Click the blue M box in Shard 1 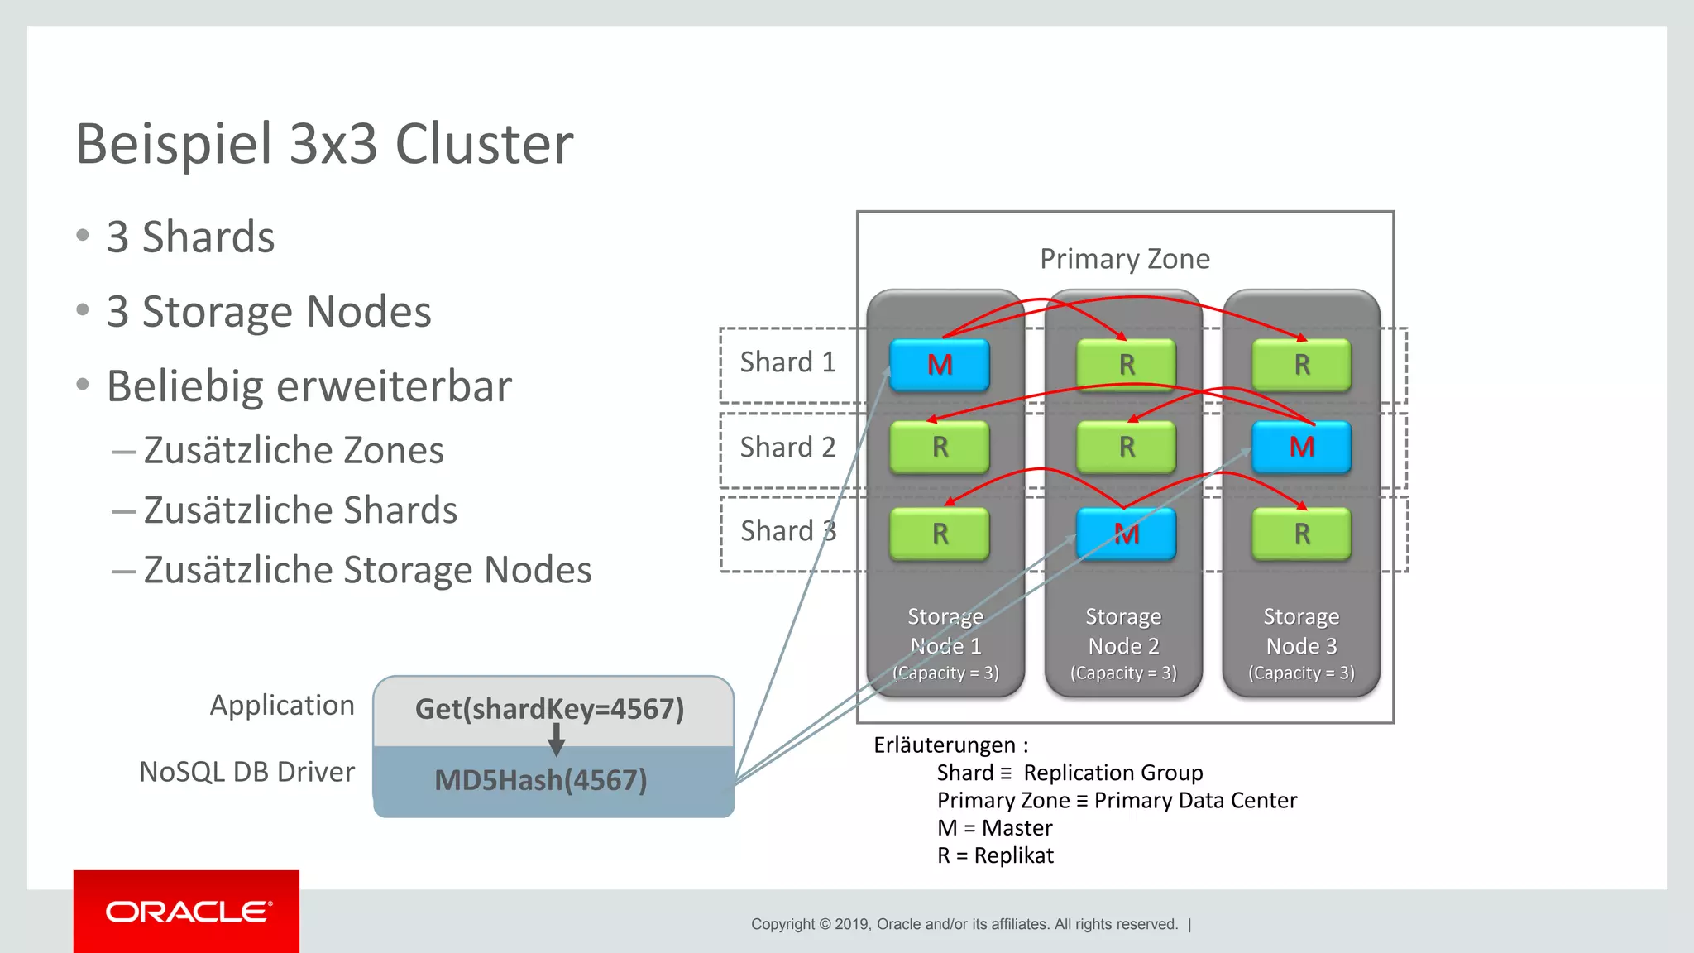click(940, 365)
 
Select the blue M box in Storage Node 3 click(1301, 448)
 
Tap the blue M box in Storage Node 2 click(1126, 534)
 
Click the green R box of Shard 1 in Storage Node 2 click(1126, 365)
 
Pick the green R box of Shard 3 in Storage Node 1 click(940, 534)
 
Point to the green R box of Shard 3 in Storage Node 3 click(1301, 534)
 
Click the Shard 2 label click(787, 448)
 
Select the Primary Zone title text click(1124, 259)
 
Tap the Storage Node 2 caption click(1123, 644)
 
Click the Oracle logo click(187, 912)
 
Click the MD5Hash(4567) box click(541, 780)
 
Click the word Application click(282, 706)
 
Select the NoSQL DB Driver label click(246, 772)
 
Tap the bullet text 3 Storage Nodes click(269, 312)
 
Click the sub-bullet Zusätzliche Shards click(300, 510)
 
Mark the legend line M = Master click(994, 828)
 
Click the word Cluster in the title click(484, 144)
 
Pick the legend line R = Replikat click(995, 855)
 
